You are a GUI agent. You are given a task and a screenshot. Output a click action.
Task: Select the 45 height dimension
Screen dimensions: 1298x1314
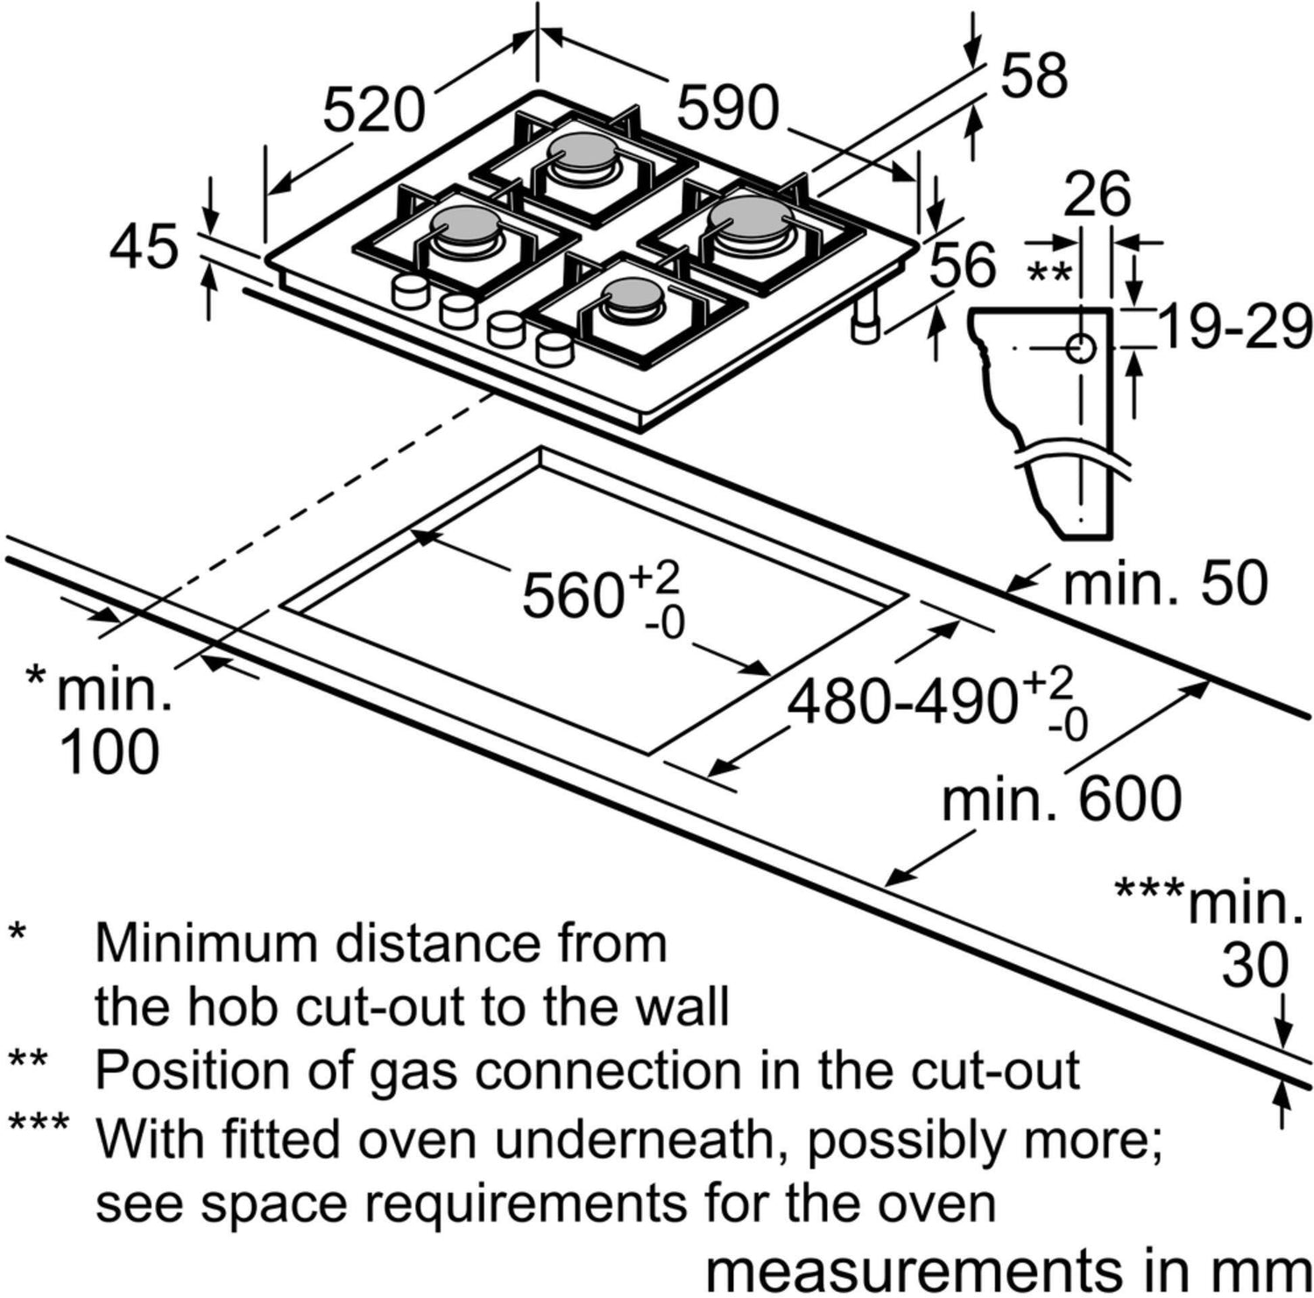click(144, 247)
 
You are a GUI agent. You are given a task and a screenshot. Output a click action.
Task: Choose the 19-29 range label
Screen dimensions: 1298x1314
click(1235, 328)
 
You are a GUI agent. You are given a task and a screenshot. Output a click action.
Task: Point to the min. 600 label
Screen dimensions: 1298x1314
click(1061, 799)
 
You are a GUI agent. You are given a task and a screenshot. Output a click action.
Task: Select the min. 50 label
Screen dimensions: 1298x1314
click(1164, 582)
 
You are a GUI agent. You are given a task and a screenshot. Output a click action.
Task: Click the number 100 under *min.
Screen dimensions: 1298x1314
click(109, 751)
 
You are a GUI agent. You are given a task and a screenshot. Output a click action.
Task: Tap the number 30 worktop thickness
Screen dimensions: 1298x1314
click(1254, 965)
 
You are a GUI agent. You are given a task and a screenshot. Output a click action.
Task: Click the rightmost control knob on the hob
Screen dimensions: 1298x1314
click(554, 349)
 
